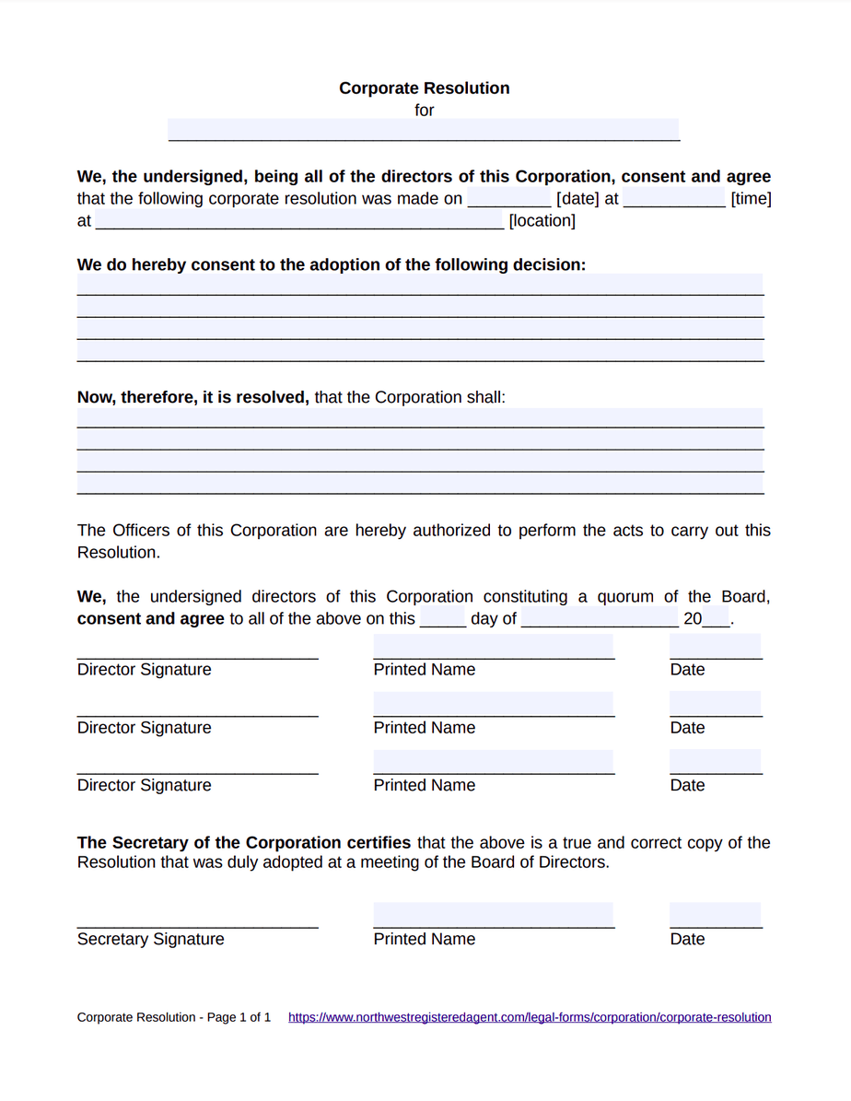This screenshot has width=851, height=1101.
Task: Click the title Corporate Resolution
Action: click(424, 88)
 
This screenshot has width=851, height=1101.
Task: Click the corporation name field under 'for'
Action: click(424, 130)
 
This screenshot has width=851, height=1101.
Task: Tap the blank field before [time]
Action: click(674, 199)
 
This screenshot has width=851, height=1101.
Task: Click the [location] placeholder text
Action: click(542, 221)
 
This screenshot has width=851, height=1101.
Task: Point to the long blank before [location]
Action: click(299, 221)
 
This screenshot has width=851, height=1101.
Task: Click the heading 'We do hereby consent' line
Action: click(331, 265)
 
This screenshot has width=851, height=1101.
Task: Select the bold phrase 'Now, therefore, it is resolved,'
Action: click(192, 398)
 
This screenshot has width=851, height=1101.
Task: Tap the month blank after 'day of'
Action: click(599, 619)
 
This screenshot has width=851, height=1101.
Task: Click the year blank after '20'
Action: click(716, 619)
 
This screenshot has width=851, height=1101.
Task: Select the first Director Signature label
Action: click(144, 670)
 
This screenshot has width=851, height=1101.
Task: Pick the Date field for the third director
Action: click(716, 763)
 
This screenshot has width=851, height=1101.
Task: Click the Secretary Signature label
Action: click(150, 940)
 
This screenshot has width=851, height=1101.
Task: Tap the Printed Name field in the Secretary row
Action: click(494, 916)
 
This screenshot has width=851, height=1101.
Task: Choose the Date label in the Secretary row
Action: click(687, 940)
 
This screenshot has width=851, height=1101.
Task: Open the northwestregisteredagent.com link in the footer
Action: click(530, 1018)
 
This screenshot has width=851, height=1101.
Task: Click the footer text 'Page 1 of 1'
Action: click(239, 1018)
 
